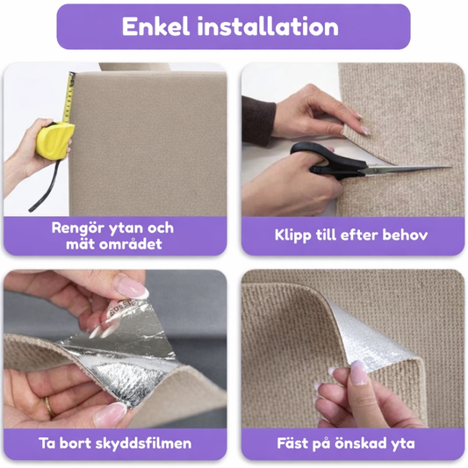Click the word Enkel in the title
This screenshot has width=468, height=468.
(155, 26)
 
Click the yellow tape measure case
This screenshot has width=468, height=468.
(54, 139)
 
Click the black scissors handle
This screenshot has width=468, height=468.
(327, 161)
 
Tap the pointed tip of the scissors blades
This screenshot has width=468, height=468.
(450, 167)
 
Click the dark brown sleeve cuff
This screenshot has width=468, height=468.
(258, 120)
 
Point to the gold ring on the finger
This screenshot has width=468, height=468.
(49, 407)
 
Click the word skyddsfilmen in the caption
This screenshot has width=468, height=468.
(144, 443)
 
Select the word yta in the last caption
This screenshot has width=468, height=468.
(403, 444)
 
